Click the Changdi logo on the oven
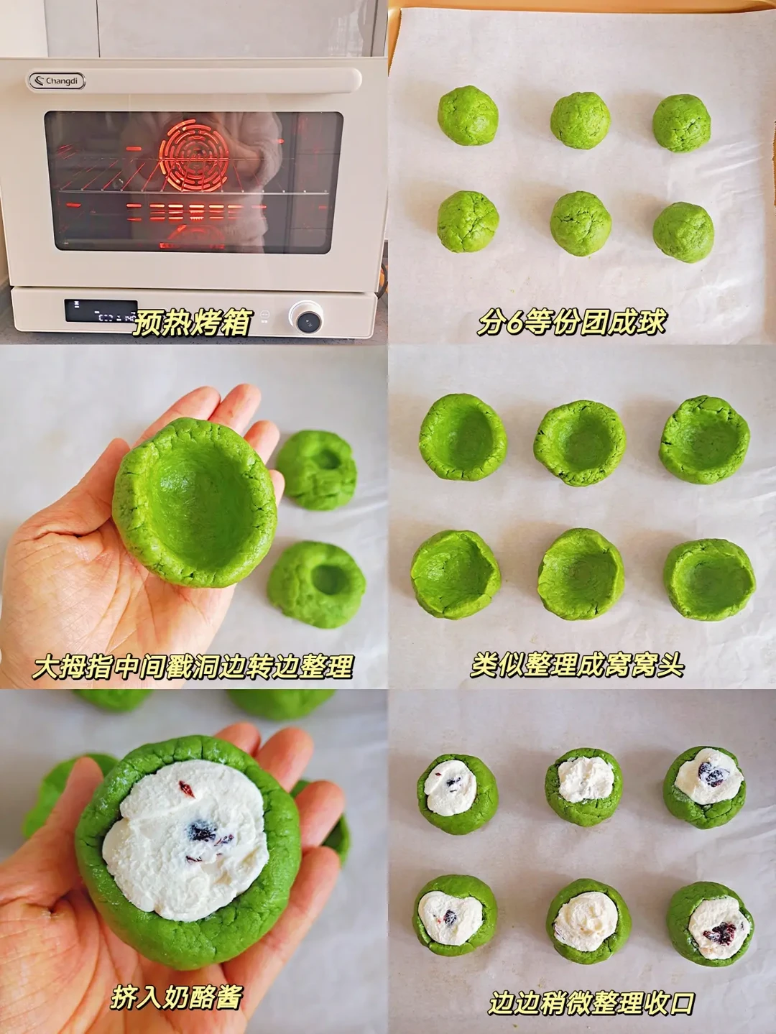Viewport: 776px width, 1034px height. (57, 81)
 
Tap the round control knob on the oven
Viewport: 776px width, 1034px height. (307, 318)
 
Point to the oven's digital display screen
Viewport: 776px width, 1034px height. (101, 311)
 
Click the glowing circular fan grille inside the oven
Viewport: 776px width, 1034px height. (195, 154)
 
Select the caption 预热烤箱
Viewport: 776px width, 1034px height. (191, 323)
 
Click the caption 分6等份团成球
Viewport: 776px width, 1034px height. (572, 322)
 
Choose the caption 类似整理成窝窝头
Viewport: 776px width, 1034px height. (577, 665)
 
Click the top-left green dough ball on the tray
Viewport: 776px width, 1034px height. (468, 116)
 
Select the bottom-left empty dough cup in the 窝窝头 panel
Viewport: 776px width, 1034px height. (456, 574)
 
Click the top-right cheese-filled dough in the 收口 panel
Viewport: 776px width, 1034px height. (704, 788)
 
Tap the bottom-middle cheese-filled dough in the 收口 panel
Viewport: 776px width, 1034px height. (588, 915)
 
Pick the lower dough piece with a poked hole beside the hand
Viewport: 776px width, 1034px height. (316, 585)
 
